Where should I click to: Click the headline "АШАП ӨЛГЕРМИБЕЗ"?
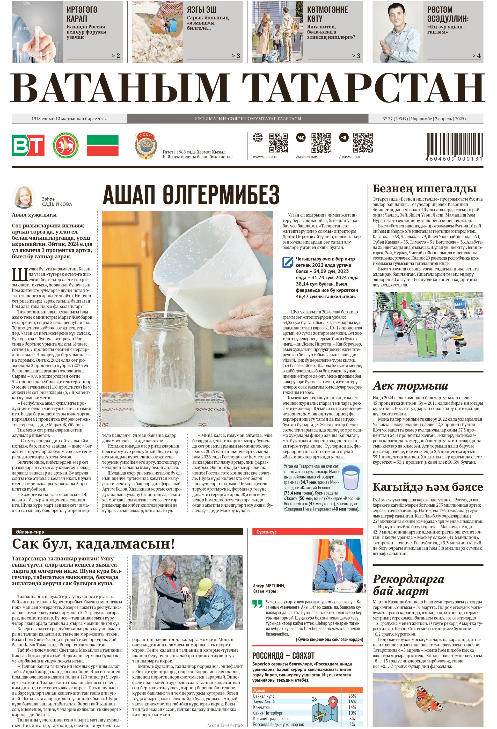coord(191,194)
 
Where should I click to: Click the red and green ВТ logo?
coord(28,145)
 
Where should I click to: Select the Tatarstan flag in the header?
coord(103,145)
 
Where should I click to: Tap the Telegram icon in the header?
coord(344,138)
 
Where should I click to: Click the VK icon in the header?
coord(300,138)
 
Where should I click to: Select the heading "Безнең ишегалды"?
coord(424,189)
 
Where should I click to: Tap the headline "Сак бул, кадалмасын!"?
coord(93,544)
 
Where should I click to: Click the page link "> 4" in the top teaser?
coord(476,56)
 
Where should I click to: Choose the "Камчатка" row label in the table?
coord(261,707)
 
